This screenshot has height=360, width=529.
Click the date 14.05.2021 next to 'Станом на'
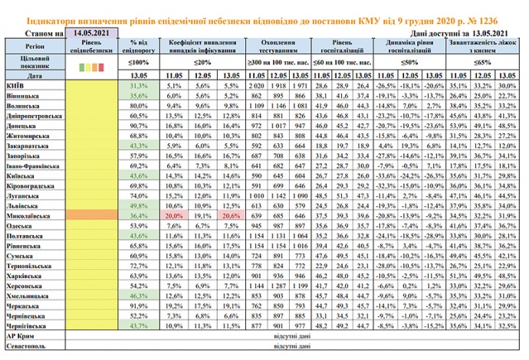(91, 34)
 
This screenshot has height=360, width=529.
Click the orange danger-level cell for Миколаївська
(93, 217)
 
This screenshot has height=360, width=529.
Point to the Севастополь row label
(27, 347)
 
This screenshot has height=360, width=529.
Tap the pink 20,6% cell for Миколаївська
(228, 217)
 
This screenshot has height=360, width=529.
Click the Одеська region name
(20, 227)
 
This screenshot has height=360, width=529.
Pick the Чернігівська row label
(27, 326)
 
